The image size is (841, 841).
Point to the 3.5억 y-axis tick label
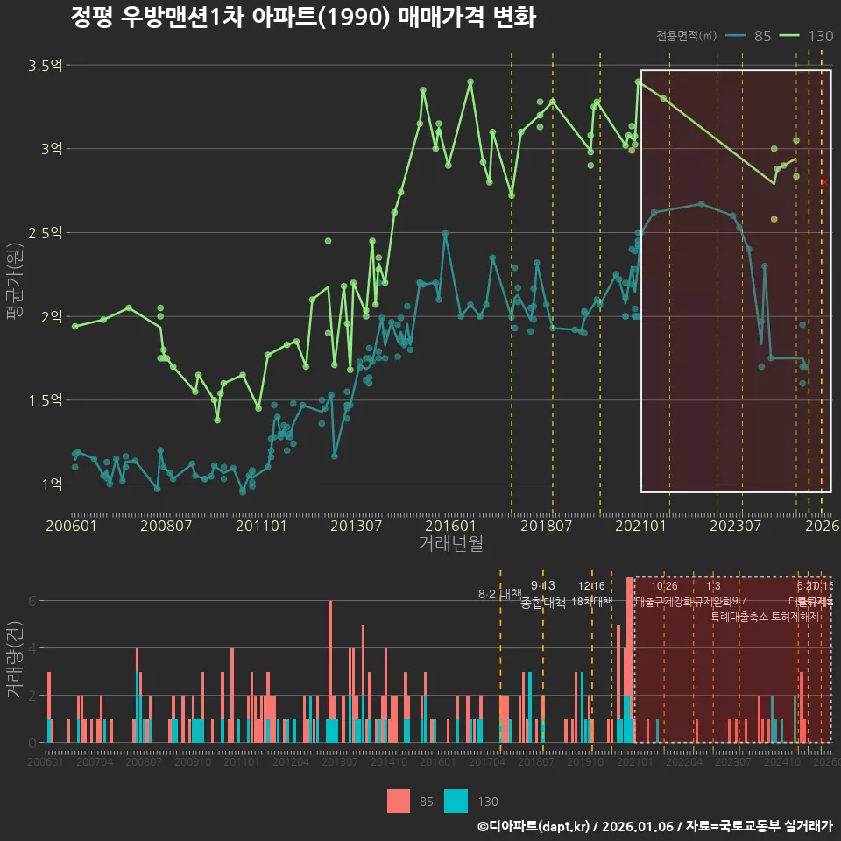point(44,66)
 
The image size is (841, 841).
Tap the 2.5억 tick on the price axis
point(44,233)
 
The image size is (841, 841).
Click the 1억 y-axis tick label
point(50,484)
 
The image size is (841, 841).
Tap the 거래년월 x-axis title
point(450,543)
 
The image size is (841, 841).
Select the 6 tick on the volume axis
point(32,601)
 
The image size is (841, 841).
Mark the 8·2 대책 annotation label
point(499,594)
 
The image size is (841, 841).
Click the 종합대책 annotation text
point(543,603)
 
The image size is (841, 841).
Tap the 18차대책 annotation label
point(592,602)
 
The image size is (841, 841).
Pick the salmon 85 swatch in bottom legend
point(399,801)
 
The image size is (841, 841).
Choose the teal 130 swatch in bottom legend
point(456,801)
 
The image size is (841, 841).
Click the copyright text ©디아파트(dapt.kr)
point(535,826)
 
